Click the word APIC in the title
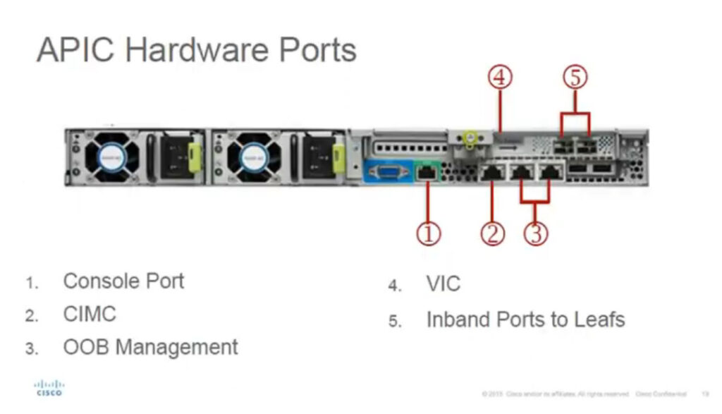[73, 50]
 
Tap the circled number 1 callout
[428, 233]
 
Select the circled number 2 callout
[493, 233]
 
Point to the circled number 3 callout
[536, 233]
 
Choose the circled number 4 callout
[501, 78]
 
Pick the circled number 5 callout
[575, 78]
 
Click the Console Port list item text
[123, 281]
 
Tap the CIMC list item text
[90, 314]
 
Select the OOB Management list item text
[150, 347]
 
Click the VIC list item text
[443, 284]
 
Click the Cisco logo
[49, 388]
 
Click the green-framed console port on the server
[427, 173]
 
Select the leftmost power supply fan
[111, 156]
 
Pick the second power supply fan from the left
[254, 156]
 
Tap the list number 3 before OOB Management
[31, 348]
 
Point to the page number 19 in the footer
[704, 393]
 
